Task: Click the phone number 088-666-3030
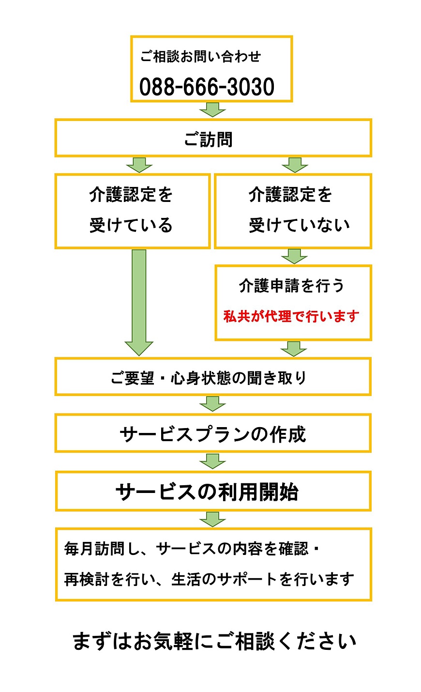[207, 87]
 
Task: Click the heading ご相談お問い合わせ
[200, 57]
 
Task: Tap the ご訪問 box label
[209, 139]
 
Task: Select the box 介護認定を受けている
[132, 211]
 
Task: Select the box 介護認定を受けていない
[293, 211]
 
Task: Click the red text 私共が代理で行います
[291, 316]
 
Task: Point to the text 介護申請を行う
[291, 286]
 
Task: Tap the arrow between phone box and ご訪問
[212, 109]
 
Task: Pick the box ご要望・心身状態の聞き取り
[209, 378]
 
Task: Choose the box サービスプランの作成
[212, 434]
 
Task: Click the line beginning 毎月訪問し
[192, 549]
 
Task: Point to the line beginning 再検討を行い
[209, 579]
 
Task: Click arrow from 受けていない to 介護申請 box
[294, 256]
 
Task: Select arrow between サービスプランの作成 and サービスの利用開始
[212, 461]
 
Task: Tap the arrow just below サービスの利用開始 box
[212, 519]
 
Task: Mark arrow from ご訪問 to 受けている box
[139, 165]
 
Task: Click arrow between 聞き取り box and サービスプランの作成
[212, 404]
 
